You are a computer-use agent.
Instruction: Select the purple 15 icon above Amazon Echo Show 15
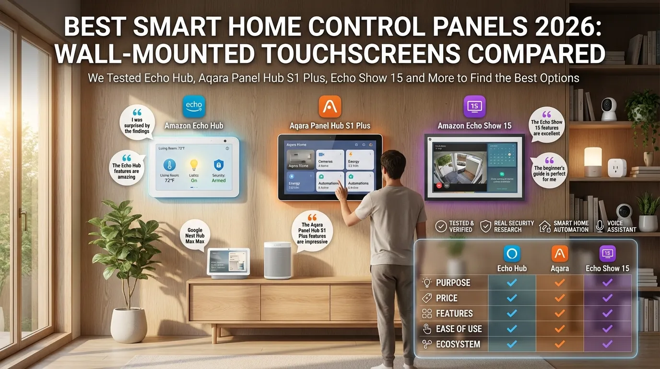(x=474, y=106)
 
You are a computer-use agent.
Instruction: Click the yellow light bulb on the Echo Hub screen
(x=194, y=165)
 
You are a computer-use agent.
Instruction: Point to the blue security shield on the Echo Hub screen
(x=219, y=165)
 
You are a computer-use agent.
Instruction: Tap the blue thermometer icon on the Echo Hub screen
(x=170, y=165)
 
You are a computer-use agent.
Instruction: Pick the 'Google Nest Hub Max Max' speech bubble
(x=195, y=235)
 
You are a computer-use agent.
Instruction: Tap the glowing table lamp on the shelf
(x=592, y=161)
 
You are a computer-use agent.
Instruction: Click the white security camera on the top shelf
(x=609, y=109)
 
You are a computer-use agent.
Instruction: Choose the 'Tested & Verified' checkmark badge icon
(x=441, y=226)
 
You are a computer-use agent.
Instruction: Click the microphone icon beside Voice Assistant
(x=600, y=226)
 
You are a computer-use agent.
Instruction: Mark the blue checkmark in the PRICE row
(x=512, y=298)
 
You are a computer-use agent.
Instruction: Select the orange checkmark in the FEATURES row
(x=559, y=313)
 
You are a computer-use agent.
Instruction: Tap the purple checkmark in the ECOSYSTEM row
(x=607, y=344)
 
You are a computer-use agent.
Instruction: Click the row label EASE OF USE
(x=459, y=329)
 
